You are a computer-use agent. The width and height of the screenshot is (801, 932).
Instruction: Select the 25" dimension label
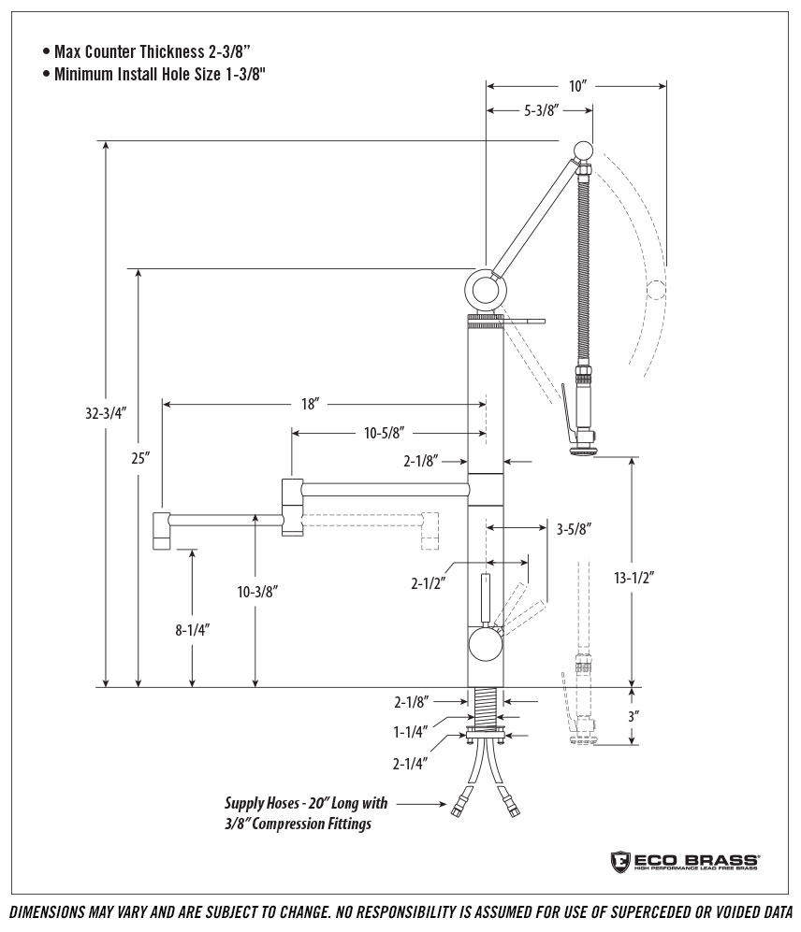[x=139, y=458]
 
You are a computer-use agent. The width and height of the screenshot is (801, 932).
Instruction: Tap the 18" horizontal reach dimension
[x=311, y=404]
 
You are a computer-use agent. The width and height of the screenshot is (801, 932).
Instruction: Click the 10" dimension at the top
[x=577, y=86]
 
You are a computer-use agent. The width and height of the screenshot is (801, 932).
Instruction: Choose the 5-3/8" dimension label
[x=541, y=110]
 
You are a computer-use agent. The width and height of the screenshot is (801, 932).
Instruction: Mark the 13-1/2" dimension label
[x=634, y=577]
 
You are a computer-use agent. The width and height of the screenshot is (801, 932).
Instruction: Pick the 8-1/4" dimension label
[x=192, y=630]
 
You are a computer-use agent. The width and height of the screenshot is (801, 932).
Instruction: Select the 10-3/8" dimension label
[x=256, y=591]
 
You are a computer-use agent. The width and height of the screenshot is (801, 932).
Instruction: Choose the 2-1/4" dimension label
[x=411, y=763]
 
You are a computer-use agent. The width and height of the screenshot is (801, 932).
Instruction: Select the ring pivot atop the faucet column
[x=485, y=289]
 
